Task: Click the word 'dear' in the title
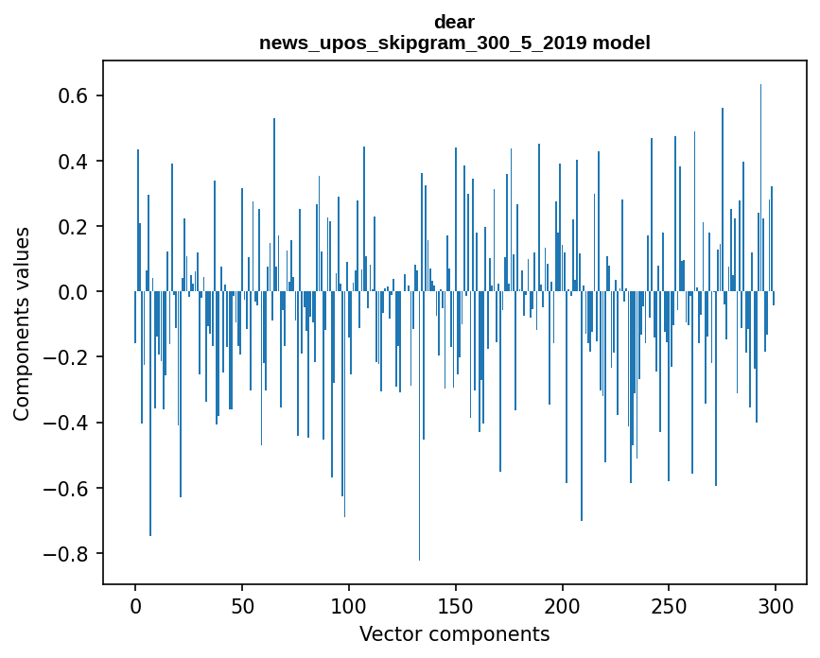click(454, 22)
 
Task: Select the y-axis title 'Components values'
click(22, 323)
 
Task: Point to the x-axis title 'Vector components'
click(454, 633)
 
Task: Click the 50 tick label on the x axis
click(242, 606)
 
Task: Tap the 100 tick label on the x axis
click(349, 606)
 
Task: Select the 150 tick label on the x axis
click(456, 606)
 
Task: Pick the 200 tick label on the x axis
click(563, 606)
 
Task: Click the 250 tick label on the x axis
click(669, 606)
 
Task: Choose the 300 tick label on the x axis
click(776, 606)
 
